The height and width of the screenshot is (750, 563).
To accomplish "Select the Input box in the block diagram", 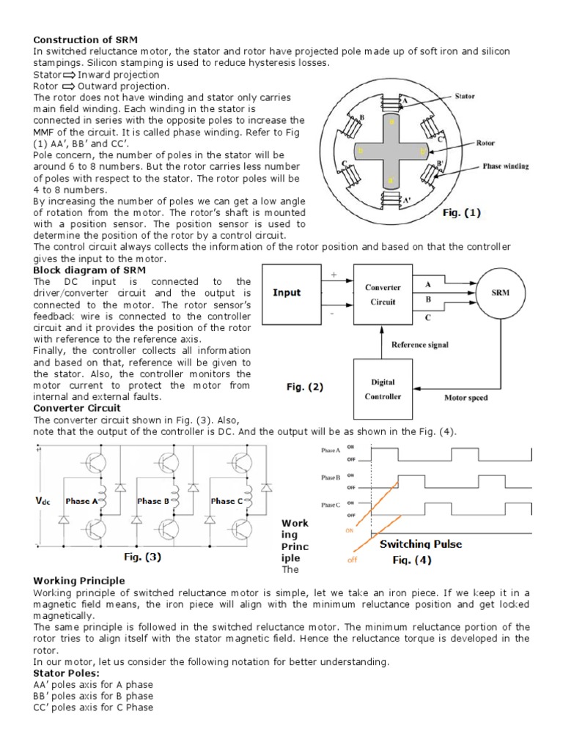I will [287, 292].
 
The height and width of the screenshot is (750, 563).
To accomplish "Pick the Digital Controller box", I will [383, 389].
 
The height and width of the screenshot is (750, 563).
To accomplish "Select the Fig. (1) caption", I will [462, 213].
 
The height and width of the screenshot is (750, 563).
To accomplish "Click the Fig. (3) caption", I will [143, 556].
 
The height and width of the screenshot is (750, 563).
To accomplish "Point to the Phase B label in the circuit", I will [155, 501].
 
